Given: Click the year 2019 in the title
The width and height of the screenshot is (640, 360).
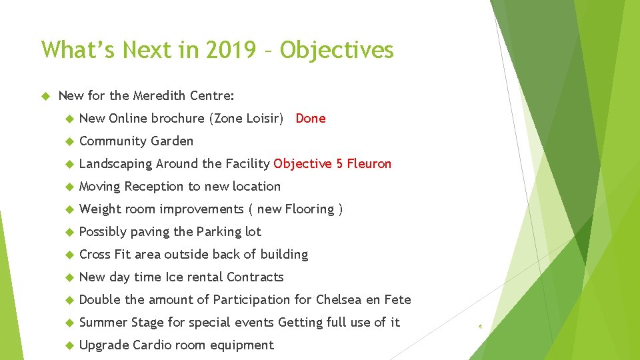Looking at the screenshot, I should click(x=234, y=50).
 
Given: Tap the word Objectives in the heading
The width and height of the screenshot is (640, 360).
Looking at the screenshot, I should click(x=337, y=50).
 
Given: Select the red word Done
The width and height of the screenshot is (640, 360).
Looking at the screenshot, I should click(x=311, y=119).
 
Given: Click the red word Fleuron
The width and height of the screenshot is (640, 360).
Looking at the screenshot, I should click(x=370, y=164).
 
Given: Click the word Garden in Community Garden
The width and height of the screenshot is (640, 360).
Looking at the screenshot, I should click(x=172, y=141).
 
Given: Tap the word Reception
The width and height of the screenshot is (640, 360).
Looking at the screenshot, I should click(x=153, y=187).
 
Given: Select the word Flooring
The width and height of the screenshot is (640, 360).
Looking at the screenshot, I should click(x=309, y=209).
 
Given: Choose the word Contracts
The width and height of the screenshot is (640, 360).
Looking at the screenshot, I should click(x=255, y=277).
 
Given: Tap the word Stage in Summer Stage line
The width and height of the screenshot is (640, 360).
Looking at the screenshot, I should click(x=147, y=323).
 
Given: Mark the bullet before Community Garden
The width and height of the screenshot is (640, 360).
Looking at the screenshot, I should click(x=68, y=141).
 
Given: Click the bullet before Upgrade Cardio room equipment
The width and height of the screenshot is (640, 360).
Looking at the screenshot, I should click(x=68, y=345).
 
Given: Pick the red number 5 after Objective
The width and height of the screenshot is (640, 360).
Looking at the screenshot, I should click(x=339, y=164).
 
